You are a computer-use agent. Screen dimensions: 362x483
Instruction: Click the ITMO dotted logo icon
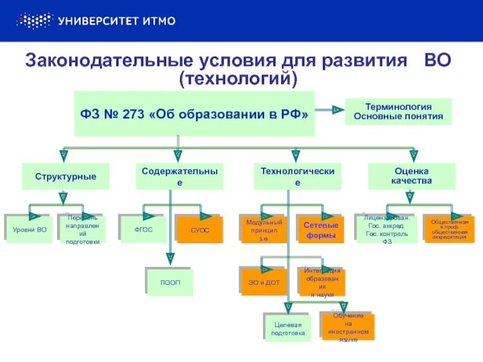pos(34,21)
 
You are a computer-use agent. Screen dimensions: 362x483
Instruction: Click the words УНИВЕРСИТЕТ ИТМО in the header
pos(117,21)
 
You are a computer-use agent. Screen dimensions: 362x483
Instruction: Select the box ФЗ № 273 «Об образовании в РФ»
pos(194,113)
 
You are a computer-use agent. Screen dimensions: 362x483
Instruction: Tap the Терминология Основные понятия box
pos(398,112)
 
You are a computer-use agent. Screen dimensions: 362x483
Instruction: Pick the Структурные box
pos(66,177)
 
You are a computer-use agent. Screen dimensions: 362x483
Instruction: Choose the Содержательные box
pos(179,176)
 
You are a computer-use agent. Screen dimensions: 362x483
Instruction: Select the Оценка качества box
pos(411,176)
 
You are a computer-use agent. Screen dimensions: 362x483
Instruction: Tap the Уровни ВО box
pos(30,229)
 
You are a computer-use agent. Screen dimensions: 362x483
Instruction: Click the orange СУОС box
pos(200,229)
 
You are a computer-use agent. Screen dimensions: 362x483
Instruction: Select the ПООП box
pos(170,282)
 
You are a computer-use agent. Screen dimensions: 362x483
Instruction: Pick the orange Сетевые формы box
pos(321,230)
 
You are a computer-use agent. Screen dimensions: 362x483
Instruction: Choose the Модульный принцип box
pos(264,229)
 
